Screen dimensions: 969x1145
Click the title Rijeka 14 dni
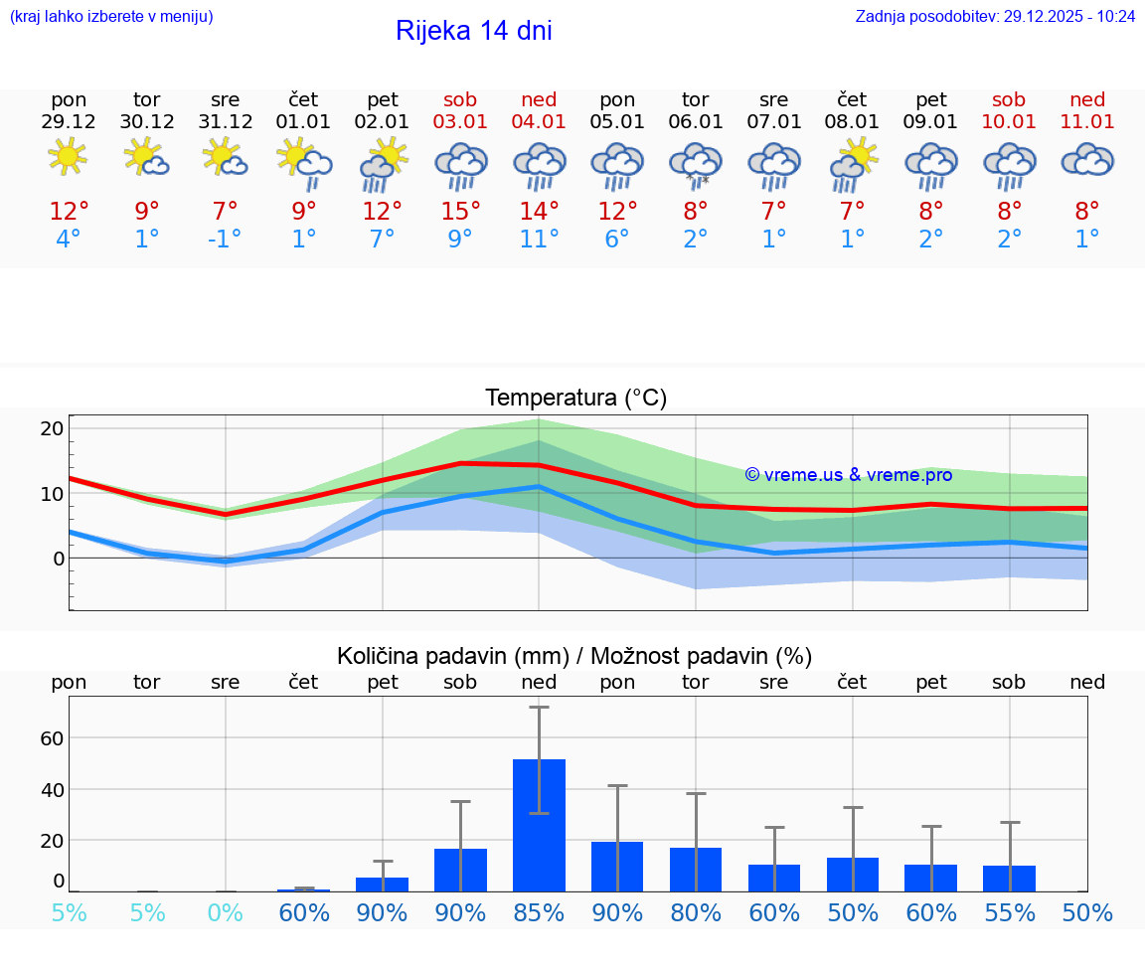point(473,31)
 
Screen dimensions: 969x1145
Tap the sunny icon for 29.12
point(68,157)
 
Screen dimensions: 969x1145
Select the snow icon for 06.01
point(696,164)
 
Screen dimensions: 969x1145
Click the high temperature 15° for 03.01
point(460,212)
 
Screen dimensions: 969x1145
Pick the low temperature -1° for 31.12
point(225,240)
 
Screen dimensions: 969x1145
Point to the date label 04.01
point(539,121)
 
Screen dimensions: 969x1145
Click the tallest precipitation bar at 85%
point(539,825)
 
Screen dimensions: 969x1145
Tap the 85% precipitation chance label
point(539,912)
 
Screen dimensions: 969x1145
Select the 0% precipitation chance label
point(226,912)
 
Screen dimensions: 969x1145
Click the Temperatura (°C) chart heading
point(575,398)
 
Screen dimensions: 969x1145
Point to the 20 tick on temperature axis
point(52,428)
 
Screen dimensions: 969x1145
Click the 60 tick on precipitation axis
point(52,738)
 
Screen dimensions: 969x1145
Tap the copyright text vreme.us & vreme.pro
point(848,475)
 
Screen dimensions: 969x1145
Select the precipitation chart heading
point(574,656)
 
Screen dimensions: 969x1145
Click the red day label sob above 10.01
point(1009,99)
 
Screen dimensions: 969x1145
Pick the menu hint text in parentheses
point(111,16)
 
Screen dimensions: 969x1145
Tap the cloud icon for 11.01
point(1087,160)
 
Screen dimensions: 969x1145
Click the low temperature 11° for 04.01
point(539,240)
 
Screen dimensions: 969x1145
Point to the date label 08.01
point(852,121)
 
